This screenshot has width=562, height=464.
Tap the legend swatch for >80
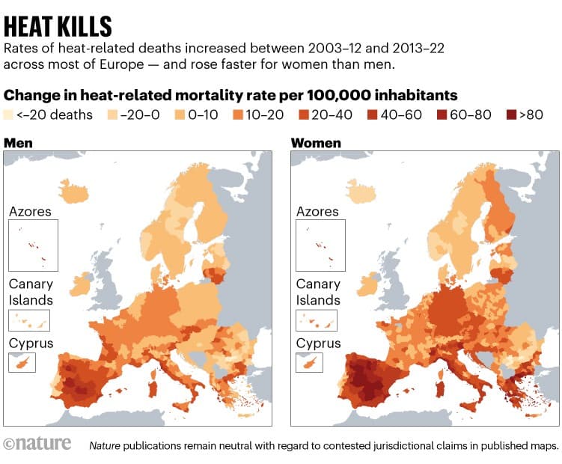509,115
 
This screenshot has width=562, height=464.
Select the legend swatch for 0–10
180,115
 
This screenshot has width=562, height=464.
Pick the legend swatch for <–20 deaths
9,115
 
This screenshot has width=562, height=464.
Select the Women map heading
315,142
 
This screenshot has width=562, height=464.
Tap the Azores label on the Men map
30,211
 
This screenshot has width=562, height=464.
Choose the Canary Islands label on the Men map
30,292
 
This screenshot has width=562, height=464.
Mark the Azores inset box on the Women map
320,245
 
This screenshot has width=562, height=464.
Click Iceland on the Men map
77,191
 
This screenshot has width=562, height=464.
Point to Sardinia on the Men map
155,388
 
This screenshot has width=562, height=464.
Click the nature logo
37,443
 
